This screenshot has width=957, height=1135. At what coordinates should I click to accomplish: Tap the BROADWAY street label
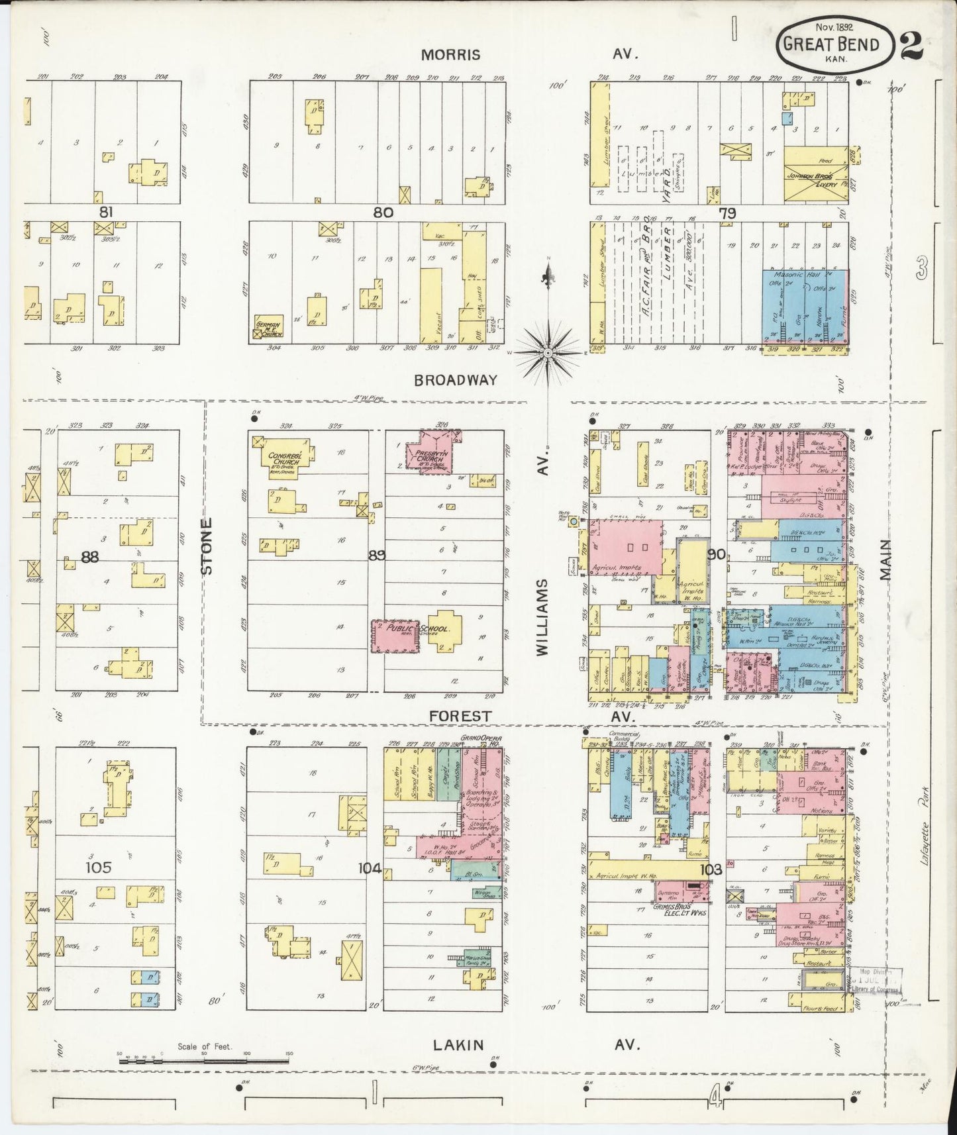coord(456,380)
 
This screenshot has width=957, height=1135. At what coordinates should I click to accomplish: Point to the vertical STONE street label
coord(207,546)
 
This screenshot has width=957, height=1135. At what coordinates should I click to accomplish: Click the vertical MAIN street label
coord(887,560)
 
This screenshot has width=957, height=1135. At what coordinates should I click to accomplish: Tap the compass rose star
coord(548,354)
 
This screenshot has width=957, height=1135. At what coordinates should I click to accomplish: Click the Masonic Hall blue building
coord(804,307)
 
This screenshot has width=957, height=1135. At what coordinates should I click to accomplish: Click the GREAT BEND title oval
coord(834,43)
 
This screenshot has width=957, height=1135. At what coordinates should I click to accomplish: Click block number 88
coord(89,558)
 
